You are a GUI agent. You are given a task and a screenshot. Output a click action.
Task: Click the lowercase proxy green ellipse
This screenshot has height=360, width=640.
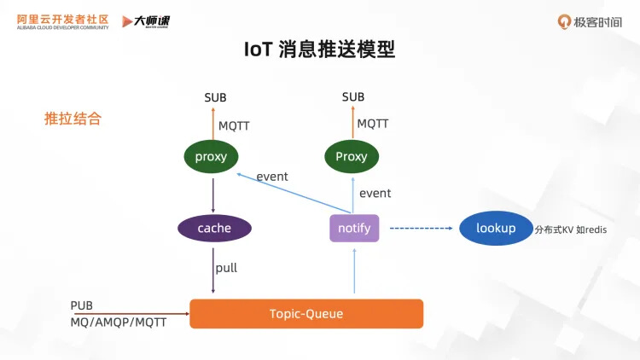pos(211,157)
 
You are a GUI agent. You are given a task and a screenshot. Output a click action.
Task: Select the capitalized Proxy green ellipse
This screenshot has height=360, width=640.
pos(352,157)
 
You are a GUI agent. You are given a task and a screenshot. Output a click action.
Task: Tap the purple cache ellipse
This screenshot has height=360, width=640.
pos(214,228)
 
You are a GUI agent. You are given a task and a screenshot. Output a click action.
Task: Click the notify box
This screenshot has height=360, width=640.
pos(354,228)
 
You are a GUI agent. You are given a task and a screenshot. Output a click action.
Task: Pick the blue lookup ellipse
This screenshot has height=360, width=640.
pos(496,228)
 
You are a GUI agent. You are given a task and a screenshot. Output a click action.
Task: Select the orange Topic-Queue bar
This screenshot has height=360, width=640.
pos(306,313)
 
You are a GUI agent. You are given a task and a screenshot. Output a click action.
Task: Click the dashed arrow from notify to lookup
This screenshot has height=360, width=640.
pos(422,228)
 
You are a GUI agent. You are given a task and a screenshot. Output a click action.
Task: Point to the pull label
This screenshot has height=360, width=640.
pos(226,268)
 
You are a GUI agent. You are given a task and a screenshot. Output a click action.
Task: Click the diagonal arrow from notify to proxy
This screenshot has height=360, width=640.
pos(294,193)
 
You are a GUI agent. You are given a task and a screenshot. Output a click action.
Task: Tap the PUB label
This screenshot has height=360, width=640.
pos(82,305)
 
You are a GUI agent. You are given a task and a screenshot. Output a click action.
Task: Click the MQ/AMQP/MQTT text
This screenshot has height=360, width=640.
pos(119,322)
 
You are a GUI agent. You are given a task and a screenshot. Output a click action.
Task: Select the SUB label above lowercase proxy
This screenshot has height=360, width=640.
pos(215,97)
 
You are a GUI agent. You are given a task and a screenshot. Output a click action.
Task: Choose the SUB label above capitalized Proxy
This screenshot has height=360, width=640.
pos(353,96)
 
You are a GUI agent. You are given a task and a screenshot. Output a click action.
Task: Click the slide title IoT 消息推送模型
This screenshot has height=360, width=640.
pos(320,49)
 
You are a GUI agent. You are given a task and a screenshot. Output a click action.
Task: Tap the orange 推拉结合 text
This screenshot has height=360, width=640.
pos(73,119)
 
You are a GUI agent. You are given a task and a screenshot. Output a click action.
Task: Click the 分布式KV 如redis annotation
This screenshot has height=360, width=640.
pos(571,229)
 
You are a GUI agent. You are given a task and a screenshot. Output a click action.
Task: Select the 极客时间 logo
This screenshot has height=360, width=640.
pos(590,21)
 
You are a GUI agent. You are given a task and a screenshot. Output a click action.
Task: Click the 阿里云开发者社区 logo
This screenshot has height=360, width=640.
pos(63,21)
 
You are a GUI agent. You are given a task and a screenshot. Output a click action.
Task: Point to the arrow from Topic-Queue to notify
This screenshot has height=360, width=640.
pos(354,271)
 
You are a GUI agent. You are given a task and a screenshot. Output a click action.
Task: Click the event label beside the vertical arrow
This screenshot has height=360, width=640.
pos(375,193)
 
